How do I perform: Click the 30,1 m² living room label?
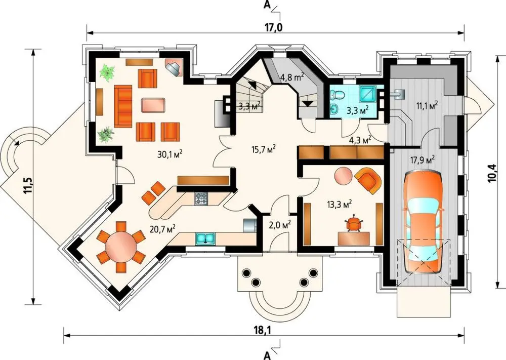[x=170, y=154]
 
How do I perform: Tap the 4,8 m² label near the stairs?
[x=292, y=77]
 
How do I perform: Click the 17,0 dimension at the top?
[x=274, y=28]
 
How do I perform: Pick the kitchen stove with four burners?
[x=200, y=198]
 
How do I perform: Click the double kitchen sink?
[x=205, y=238]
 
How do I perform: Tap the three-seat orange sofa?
[x=123, y=106]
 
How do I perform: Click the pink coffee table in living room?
[x=153, y=105]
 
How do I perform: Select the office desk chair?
[x=354, y=223]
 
